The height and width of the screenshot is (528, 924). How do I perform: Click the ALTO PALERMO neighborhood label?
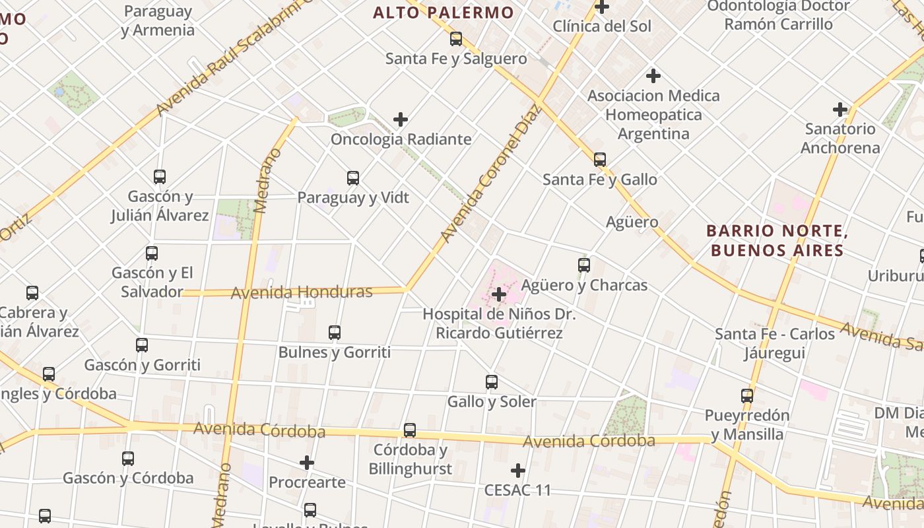click(443, 13)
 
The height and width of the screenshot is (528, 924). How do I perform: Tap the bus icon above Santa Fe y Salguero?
click(456, 39)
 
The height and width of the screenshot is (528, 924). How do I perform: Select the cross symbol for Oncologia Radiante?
click(401, 119)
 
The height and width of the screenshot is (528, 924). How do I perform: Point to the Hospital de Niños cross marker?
click(500, 294)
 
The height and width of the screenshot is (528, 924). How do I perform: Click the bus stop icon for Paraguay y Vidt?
click(353, 178)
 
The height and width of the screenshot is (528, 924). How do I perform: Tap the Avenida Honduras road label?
click(302, 292)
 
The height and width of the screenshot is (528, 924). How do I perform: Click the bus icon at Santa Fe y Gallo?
click(600, 160)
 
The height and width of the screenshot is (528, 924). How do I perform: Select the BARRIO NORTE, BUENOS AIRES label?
click(776, 241)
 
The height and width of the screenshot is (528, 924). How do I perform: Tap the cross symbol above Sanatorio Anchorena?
click(840, 109)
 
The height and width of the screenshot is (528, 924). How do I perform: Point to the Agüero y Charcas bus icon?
click(584, 265)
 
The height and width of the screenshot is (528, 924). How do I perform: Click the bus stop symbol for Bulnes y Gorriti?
click(335, 333)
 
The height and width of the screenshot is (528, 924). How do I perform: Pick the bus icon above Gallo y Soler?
click(492, 382)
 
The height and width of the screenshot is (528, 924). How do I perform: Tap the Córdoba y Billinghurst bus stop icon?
click(410, 430)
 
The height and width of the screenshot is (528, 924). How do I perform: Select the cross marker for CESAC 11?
click(518, 471)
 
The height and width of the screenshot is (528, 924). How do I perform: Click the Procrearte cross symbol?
click(307, 463)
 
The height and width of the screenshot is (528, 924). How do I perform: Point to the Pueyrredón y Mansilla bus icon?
click(747, 396)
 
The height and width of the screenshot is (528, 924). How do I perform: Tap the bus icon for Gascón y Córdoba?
click(128, 459)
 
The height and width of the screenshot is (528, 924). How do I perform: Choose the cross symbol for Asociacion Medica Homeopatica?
click(653, 76)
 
